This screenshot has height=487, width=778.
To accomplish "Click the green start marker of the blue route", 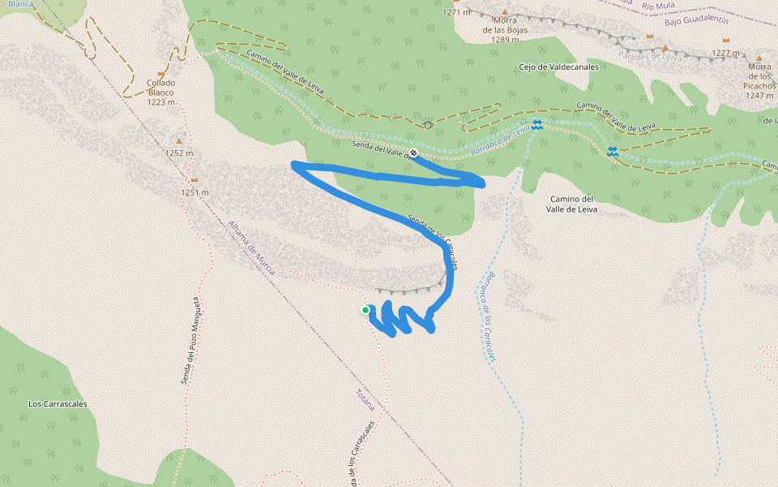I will click(x=365, y=310).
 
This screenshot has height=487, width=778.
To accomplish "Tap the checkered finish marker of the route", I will click(x=413, y=153).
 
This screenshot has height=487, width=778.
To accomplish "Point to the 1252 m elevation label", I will click(x=180, y=153).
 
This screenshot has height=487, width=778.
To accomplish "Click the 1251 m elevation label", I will click(x=194, y=192).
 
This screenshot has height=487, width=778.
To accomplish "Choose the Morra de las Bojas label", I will click(x=505, y=30).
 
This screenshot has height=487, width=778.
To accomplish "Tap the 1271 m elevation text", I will click(x=456, y=12).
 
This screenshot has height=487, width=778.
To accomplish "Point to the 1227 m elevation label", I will click(x=726, y=54).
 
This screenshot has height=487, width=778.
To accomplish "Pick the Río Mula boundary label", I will click(x=658, y=6).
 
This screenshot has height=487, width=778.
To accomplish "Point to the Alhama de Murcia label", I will click(x=251, y=248).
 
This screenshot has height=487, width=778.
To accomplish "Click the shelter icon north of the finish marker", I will click(x=427, y=125).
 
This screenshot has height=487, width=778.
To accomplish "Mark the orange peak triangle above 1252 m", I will click(x=179, y=141).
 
